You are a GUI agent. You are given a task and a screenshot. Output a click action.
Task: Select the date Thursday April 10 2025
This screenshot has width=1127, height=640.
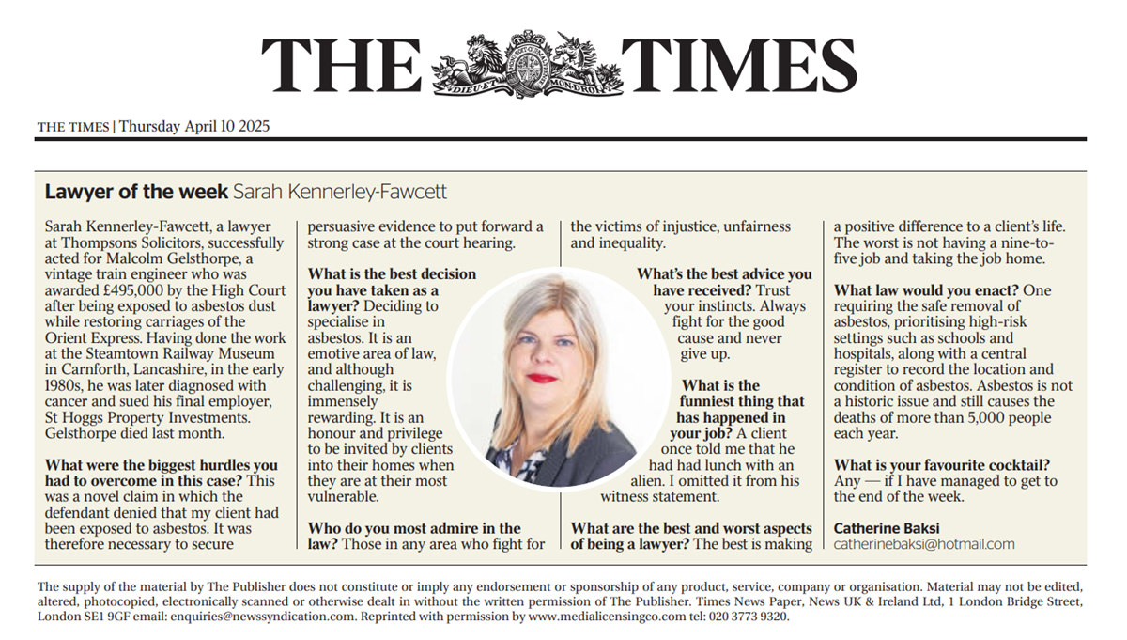(x=194, y=126)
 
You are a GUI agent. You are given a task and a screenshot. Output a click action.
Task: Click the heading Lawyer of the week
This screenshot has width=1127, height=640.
(x=136, y=193)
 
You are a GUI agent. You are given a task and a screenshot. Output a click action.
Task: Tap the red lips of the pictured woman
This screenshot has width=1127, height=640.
(x=541, y=378)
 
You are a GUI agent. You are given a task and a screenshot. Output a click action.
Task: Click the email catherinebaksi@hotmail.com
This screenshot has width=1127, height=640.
(x=924, y=544)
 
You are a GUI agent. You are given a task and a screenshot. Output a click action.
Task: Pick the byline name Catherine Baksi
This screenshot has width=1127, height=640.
(x=887, y=528)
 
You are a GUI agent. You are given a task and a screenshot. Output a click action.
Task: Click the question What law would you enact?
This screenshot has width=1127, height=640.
(x=925, y=291)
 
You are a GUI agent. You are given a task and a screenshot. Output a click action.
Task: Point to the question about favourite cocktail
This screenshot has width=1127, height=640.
(x=941, y=465)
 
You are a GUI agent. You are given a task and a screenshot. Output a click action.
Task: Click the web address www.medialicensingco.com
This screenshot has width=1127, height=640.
(x=608, y=617)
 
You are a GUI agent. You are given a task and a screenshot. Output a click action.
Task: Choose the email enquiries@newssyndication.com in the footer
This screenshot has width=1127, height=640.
(x=263, y=617)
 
